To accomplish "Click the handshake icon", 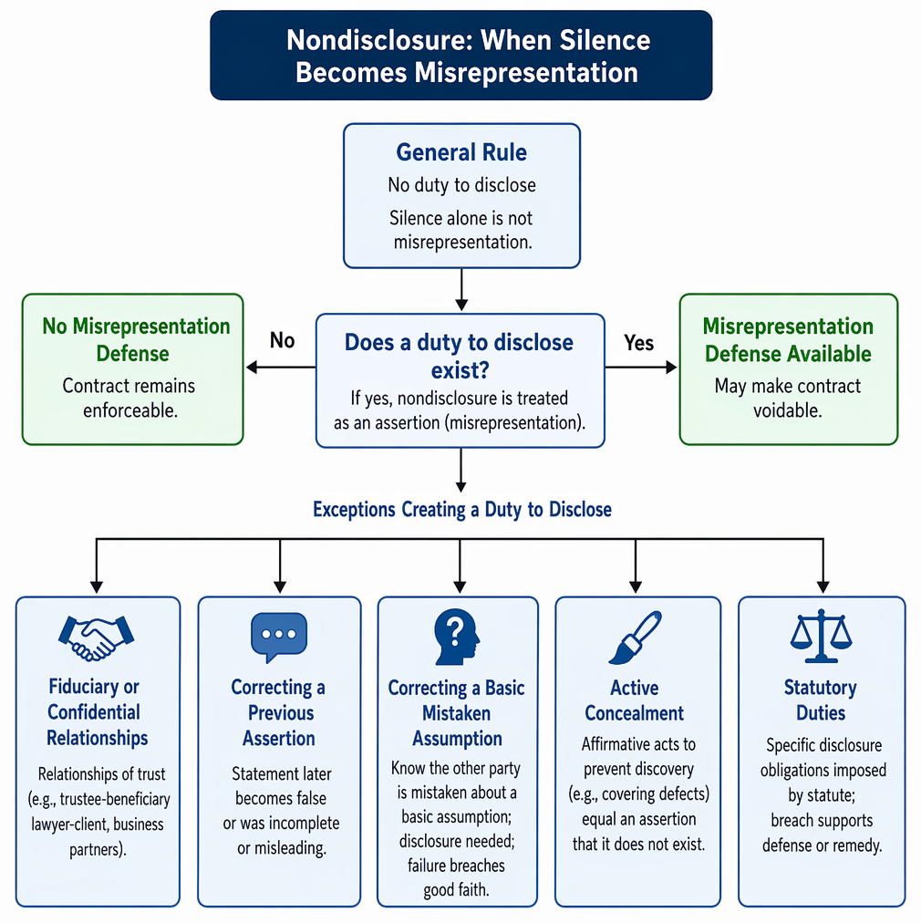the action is (97, 638).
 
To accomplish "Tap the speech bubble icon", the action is (279, 638).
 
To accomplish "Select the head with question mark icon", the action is (457, 637).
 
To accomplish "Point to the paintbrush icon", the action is (635, 638).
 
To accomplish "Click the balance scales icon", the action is (821, 637).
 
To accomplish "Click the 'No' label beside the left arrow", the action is (282, 340).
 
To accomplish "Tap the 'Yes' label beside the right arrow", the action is (638, 343).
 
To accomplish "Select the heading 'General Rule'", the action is (461, 152).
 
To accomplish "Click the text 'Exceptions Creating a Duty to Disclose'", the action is (462, 509).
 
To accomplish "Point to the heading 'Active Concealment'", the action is (635, 700).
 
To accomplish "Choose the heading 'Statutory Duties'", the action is (821, 700).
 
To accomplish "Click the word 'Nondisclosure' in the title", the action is (378, 41).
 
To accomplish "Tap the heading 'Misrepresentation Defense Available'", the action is (788, 339).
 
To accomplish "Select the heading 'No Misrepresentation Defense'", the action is (135, 339).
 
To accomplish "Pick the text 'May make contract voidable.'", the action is (788, 398).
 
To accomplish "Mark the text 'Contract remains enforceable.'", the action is (129, 398).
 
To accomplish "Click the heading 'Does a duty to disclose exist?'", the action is (459, 356).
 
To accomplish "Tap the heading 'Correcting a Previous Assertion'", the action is (279, 713).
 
